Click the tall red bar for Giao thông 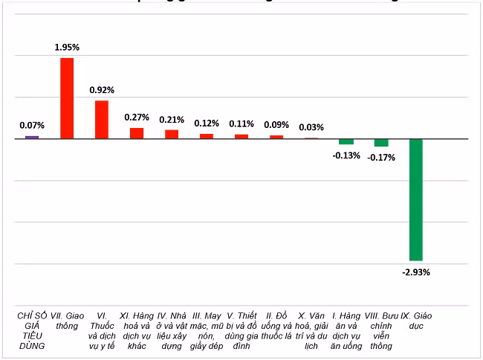pyautogui.click(x=67, y=98)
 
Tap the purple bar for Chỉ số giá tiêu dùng pyautogui.click(x=32, y=137)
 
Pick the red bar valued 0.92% pyautogui.click(x=102, y=120)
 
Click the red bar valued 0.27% pyautogui.click(x=137, y=133)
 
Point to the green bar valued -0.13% pyautogui.click(x=346, y=141)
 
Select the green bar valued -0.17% pyautogui.click(x=381, y=143)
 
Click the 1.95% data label pyautogui.click(x=67, y=48)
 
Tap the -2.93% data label pyautogui.click(x=416, y=272)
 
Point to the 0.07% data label pyautogui.click(x=32, y=125)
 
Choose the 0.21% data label pyautogui.click(x=172, y=119)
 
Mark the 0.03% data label pyautogui.click(x=311, y=127)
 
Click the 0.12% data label pyautogui.click(x=207, y=123)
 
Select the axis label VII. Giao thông pyautogui.click(x=67, y=321)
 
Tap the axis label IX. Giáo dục pyautogui.click(x=416, y=321)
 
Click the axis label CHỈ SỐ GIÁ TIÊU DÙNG pyautogui.click(x=32, y=331)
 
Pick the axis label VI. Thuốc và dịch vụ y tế pyautogui.click(x=102, y=331)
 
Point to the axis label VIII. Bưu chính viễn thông pyautogui.click(x=381, y=331)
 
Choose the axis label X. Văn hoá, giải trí pyautogui.click(x=311, y=331)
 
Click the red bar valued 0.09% pyautogui.click(x=276, y=137)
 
